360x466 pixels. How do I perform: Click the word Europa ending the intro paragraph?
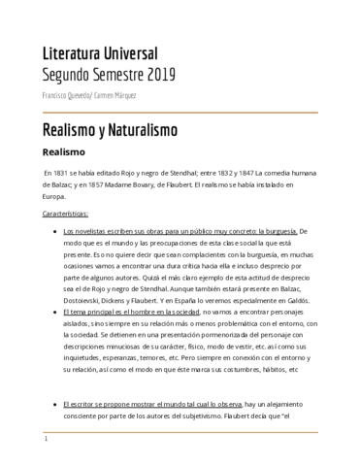pos(57,195)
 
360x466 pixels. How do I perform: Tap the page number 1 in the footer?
pos(45,452)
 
